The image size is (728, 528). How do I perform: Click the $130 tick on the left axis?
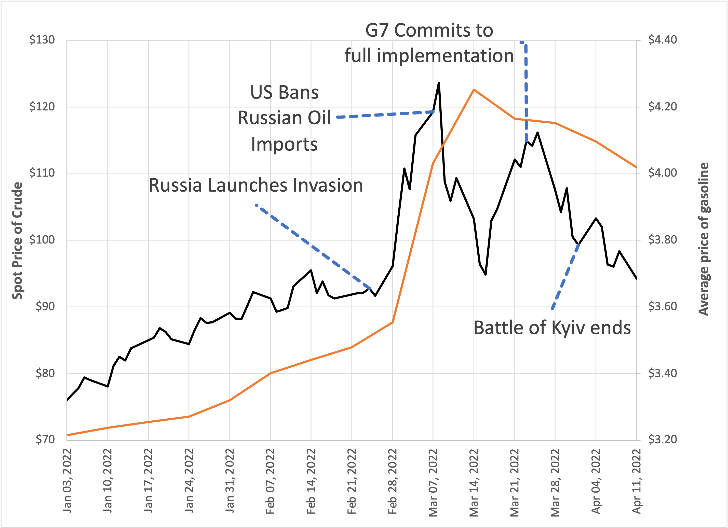(x=42, y=40)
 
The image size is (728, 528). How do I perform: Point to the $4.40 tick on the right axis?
(x=663, y=40)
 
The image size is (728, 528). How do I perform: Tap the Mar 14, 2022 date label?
(x=474, y=482)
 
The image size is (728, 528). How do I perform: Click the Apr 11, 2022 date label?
(x=637, y=481)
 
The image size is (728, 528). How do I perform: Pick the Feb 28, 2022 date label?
(x=392, y=481)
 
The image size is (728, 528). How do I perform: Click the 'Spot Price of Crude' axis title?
(x=17, y=240)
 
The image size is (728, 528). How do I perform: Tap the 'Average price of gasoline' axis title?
(x=704, y=239)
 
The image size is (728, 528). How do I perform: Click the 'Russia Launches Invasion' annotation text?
(x=256, y=185)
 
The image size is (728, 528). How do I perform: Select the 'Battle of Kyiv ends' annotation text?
(x=552, y=328)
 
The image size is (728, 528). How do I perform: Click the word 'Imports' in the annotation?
(x=284, y=144)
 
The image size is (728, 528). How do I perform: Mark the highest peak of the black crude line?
(x=439, y=83)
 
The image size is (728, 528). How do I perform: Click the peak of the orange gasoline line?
(x=474, y=90)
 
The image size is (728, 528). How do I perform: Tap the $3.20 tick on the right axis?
(x=663, y=439)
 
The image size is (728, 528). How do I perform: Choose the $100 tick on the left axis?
(x=42, y=239)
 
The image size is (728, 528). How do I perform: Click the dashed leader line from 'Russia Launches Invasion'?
(x=313, y=247)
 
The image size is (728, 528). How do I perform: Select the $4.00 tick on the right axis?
(x=663, y=173)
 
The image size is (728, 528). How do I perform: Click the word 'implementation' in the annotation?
(x=445, y=56)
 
